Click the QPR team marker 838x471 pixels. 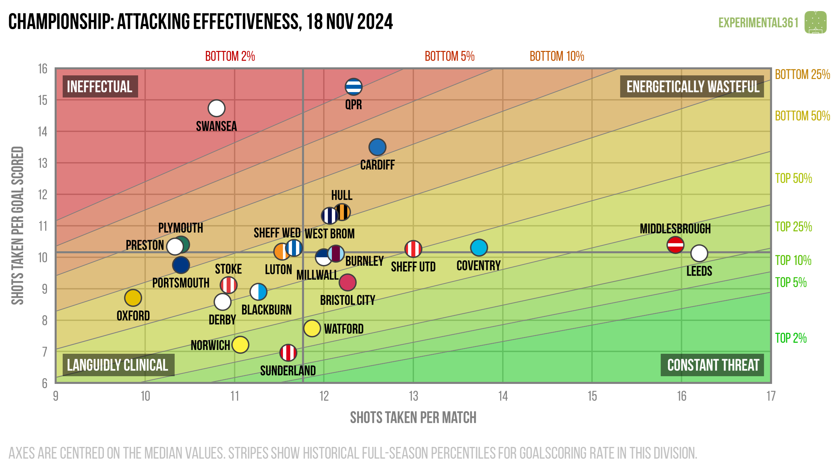pyautogui.click(x=353, y=87)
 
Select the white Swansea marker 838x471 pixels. pyautogui.click(x=216, y=108)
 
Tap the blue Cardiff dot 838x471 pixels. pyautogui.click(x=377, y=147)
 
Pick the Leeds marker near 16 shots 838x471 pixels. pyautogui.click(x=699, y=253)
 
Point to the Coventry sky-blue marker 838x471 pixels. pyautogui.click(x=479, y=248)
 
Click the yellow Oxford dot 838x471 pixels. pyautogui.click(x=133, y=298)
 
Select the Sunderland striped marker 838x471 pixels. pyautogui.click(x=288, y=352)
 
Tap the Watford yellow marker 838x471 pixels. pyautogui.click(x=312, y=328)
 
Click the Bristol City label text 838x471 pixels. pyautogui.click(x=347, y=300)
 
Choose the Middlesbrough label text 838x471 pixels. pyautogui.click(x=675, y=229)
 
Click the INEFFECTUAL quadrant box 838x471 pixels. pyautogui.click(x=100, y=86)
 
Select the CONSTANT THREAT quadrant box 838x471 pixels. pyautogui.click(x=712, y=365)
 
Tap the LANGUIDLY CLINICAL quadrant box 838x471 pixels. pyautogui.click(x=118, y=365)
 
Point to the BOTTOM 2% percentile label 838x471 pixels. pyautogui.click(x=230, y=56)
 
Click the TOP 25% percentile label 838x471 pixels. pyautogui.click(x=793, y=227)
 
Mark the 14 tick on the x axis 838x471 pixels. pyautogui.click(x=503, y=396)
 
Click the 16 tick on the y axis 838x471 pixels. pyautogui.click(x=43, y=69)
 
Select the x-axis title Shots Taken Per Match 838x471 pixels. pyautogui.click(x=413, y=418)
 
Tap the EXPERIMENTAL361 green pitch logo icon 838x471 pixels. pyautogui.click(x=815, y=22)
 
